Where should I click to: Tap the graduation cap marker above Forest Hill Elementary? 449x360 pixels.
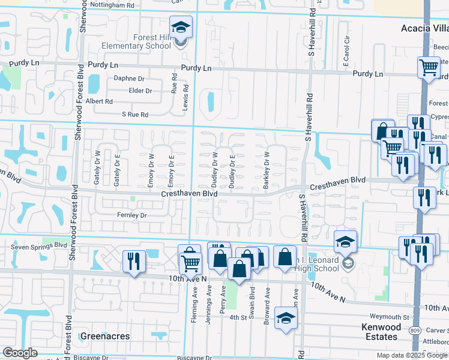pos(181,28)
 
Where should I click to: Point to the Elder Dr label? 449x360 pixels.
pos(140,91)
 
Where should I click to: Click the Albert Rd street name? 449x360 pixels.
pos(100,101)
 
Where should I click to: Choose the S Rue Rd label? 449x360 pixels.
pos(134,114)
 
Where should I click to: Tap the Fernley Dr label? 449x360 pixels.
pos(132,214)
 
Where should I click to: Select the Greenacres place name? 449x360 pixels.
pos(105,336)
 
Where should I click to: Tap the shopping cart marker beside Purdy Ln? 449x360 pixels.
pos(429,68)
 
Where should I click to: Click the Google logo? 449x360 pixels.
pos(19,353)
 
